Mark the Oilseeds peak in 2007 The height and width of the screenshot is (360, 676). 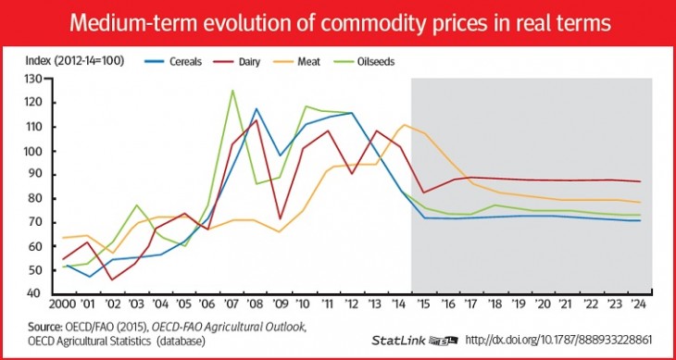[x=232, y=91]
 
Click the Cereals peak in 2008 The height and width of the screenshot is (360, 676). [x=257, y=109]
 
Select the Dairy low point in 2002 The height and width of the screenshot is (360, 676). [x=113, y=279]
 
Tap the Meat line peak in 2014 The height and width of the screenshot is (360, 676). [x=404, y=125]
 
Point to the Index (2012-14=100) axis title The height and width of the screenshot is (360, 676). [x=70, y=61]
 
